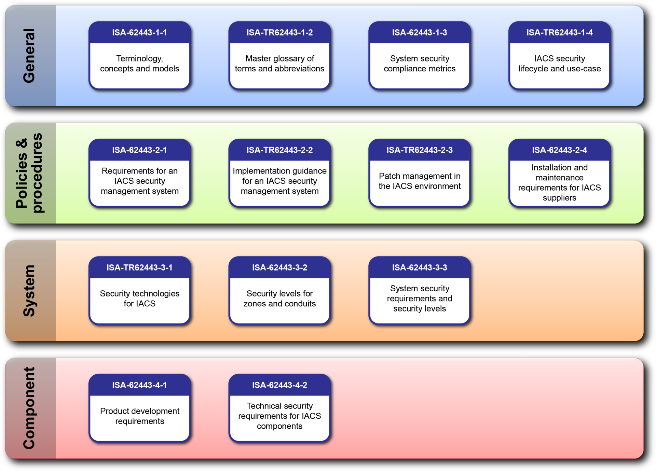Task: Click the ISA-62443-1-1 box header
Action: [x=139, y=32]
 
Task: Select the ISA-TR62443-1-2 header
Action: [x=279, y=32]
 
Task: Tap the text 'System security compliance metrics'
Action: [x=420, y=64]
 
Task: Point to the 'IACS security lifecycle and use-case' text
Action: [x=559, y=64]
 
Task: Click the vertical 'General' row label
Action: [x=29, y=55]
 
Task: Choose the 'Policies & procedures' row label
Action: [x=29, y=173]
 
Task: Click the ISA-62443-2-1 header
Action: [x=139, y=150]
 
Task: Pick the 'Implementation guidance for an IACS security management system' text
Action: [x=279, y=181]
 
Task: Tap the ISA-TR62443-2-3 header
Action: [x=420, y=150]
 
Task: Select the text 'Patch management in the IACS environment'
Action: [x=420, y=181]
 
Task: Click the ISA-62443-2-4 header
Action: [x=559, y=150]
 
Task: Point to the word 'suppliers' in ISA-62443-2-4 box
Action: [x=559, y=198]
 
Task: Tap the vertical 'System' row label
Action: [x=29, y=291]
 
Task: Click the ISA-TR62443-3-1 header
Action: [x=139, y=267]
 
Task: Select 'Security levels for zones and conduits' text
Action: [x=279, y=299]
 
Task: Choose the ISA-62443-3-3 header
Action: [x=420, y=267]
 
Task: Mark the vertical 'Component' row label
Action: [x=29, y=408]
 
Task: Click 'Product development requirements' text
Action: [x=139, y=416]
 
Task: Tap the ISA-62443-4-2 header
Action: [x=279, y=385]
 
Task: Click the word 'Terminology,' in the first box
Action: [x=139, y=59]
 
